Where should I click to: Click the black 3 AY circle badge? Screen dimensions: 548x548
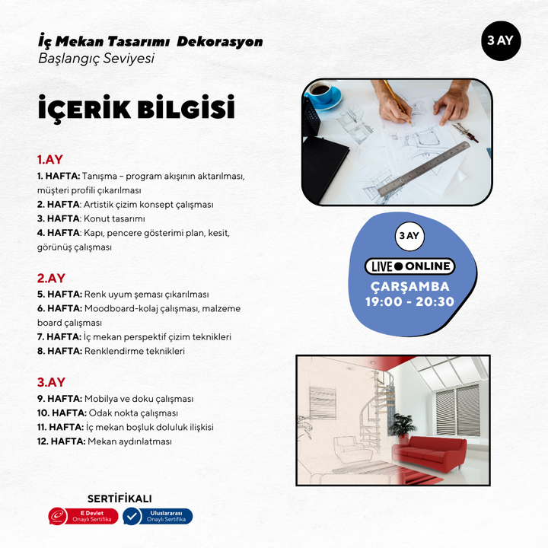[x=500, y=41]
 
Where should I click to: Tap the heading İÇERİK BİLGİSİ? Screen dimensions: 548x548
[x=136, y=109]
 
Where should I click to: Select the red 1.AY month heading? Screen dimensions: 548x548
[x=50, y=160]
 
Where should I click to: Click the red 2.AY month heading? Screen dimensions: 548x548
[x=50, y=278]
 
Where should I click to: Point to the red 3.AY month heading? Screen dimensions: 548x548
[x=51, y=382]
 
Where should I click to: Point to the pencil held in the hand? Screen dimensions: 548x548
[x=396, y=100]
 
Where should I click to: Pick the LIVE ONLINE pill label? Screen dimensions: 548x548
[x=409, y=266]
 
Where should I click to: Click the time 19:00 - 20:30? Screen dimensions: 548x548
[x=411, y=301]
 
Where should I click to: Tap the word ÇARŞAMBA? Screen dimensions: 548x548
[x=410, y=286]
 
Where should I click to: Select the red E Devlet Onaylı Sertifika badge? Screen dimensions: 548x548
[x=83, y=516]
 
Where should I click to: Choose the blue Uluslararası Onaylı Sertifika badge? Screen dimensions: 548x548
[x=158, y=516]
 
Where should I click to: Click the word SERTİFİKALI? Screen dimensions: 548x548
[x=119, y=499]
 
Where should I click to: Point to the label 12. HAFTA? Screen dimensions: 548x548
[x=61, y=441]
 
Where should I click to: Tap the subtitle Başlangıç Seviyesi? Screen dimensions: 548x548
[x=96, y=58]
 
